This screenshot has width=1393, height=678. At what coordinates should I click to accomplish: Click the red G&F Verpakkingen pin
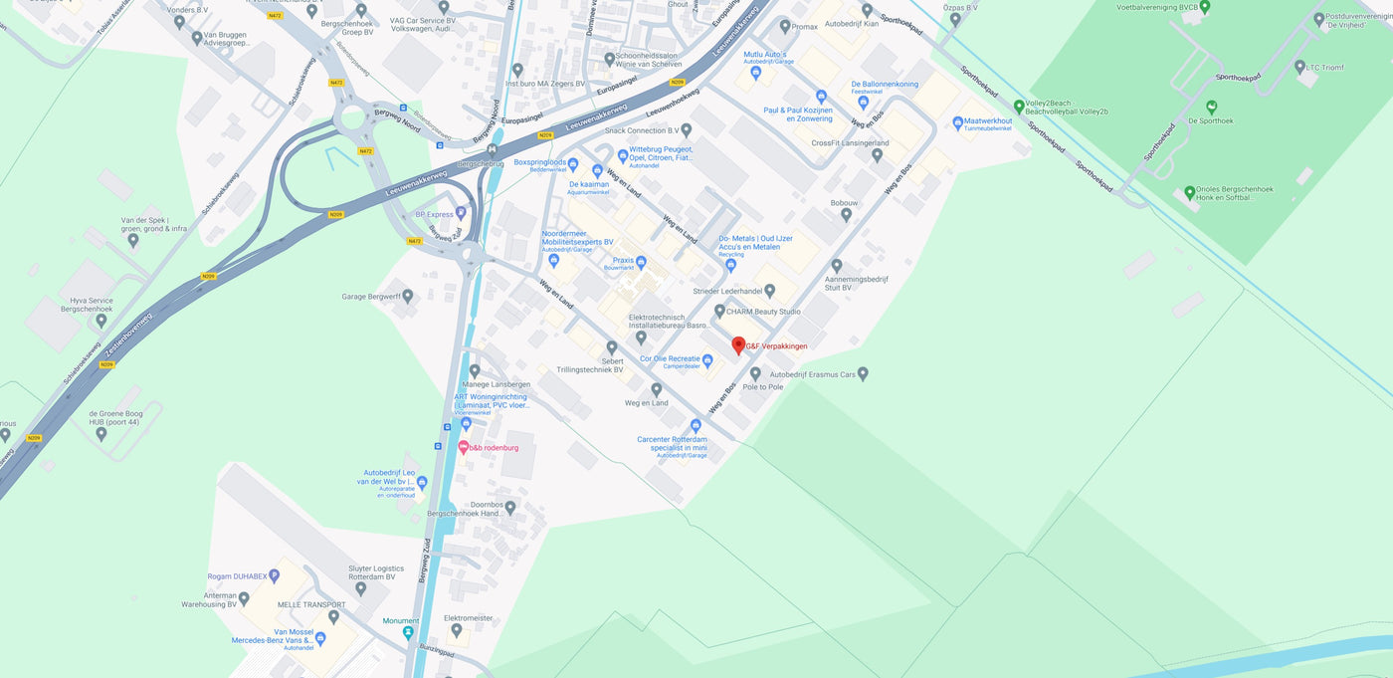click(738, 344)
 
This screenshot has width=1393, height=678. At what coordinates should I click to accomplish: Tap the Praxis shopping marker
click(641, 263)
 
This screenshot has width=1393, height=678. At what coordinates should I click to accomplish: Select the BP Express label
click(433, 214)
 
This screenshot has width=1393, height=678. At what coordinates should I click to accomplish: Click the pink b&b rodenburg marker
click(464, 447)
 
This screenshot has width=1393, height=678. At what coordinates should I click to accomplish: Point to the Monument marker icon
click(408, 632)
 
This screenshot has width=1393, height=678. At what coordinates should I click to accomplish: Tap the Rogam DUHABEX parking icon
click(275, 575)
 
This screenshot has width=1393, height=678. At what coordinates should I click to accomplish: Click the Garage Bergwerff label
click(370, 297)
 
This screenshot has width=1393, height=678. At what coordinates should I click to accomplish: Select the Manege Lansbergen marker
click(475, 370)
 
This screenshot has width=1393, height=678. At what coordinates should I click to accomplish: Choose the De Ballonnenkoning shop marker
click(864, 101)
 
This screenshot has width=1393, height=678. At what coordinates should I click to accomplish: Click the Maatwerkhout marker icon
click(957, 122)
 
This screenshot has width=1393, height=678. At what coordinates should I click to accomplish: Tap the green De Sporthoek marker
click(1212, 107)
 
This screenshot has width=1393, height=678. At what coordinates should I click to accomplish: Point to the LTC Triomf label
click(1324, 68)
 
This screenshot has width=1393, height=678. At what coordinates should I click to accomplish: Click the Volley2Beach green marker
click(1019, 107)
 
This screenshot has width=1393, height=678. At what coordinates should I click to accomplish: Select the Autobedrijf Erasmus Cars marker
click(863, 373)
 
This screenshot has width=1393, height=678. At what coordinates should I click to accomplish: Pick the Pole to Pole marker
click(755, 373)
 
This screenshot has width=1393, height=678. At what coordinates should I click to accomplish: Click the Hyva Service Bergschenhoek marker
click(100, 320)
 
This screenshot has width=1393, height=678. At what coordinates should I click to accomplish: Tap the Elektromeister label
click(468, 618)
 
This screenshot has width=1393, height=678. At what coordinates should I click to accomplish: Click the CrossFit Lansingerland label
click(850, 143)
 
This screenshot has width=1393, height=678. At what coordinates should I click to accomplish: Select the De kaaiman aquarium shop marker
click(598, 170)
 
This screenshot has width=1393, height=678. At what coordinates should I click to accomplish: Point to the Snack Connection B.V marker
click(686, 130)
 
